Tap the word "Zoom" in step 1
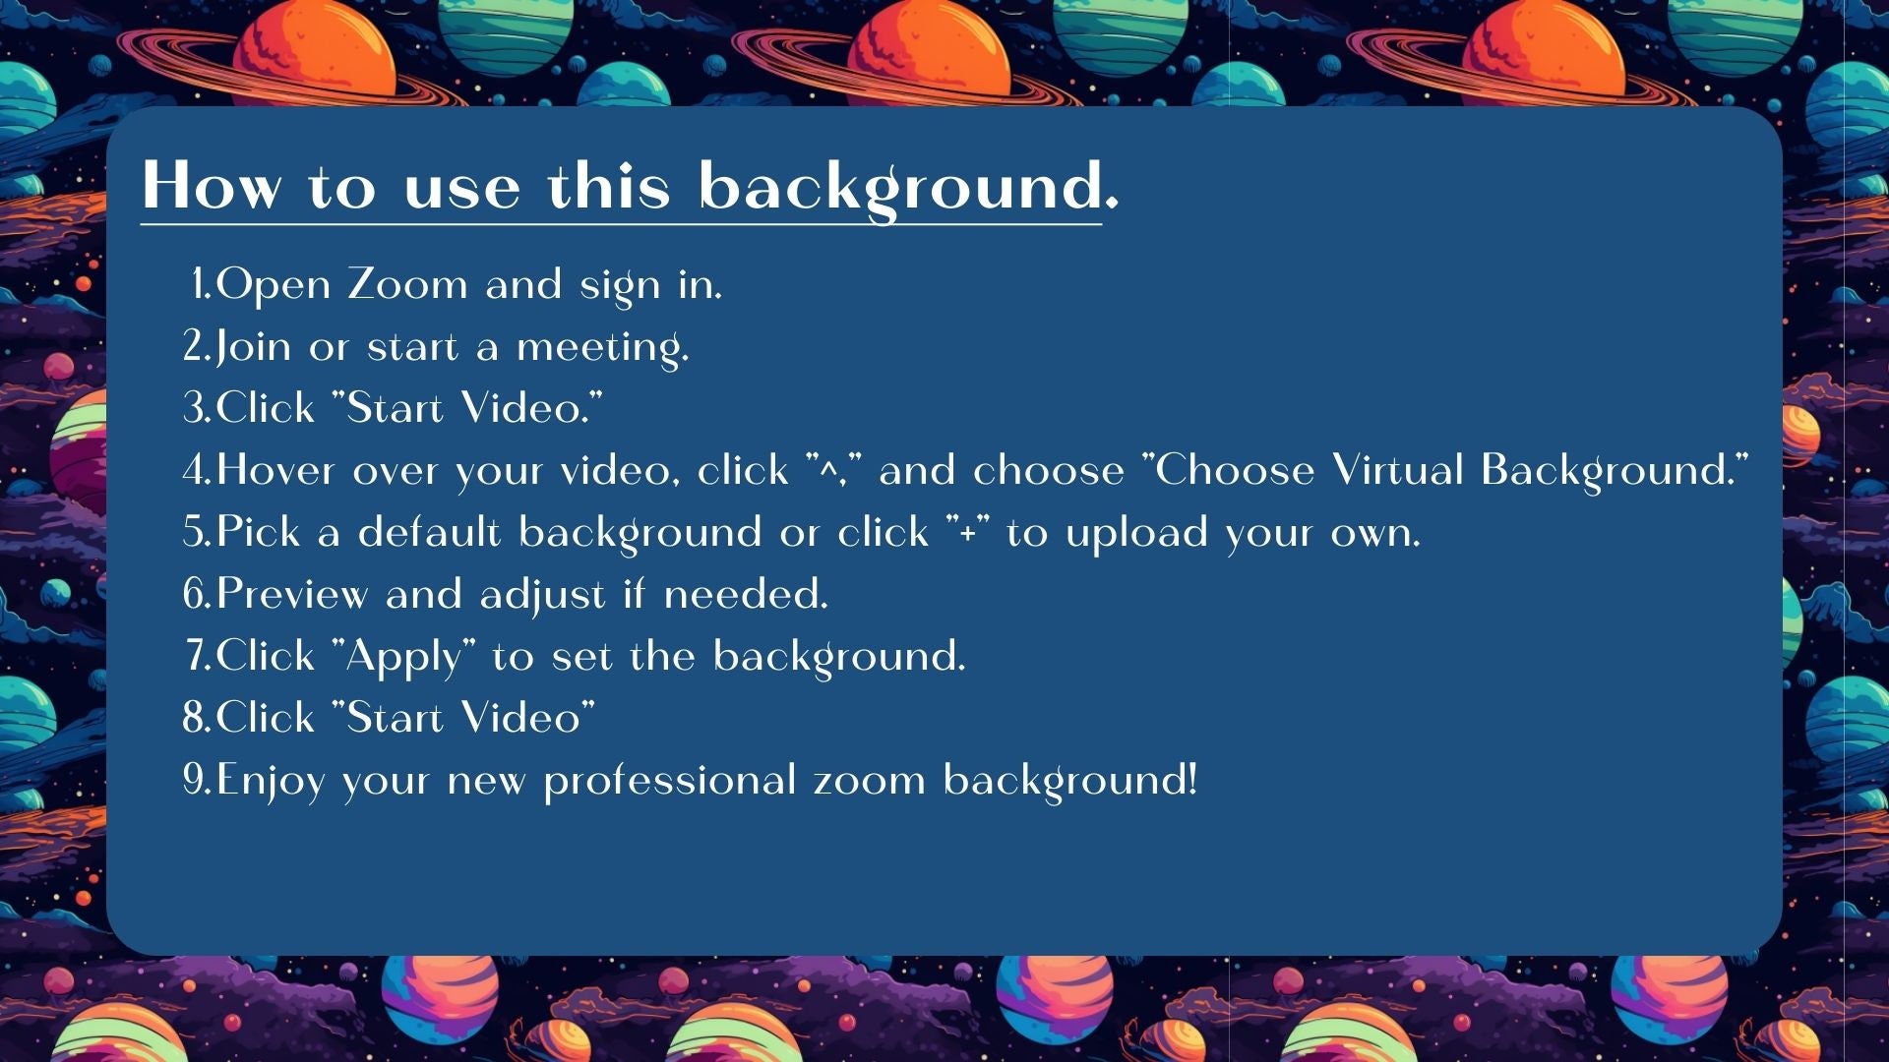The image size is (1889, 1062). [x=407, y=285]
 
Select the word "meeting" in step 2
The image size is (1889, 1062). [x=601, y=348]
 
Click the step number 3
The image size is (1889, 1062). [x=193, y=408]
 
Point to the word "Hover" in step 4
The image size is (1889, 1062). [x=275, y=470]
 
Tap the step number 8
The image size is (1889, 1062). [x=194, y=719]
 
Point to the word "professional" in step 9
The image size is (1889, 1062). [x=670, y=781]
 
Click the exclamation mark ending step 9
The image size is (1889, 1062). [x=1192, y=780]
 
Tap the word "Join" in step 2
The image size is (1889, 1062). [x=254, y=347]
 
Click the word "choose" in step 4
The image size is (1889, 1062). [x=1048, y=471]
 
